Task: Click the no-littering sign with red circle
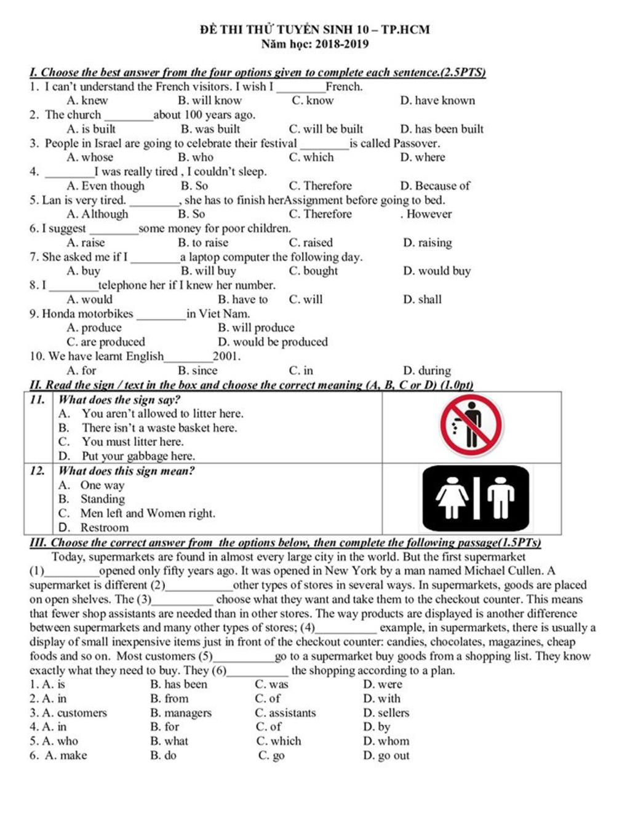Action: pyautogui.click(x=471, y=426)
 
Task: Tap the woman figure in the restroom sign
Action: pyautogui.click(x=452, y=497)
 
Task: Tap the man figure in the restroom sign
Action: pyautogui.click(x=501, y=497)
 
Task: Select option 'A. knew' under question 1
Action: pyautogui.click(x=87, y=101)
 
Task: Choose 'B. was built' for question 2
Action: pyautogui.click(x=210, y=129)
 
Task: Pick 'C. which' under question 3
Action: pyautogui.click(x=311, y=157)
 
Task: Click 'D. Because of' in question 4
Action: pyautogui.click(x=435, y=186)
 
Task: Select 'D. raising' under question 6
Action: pyautogui.click(x=428, y=243)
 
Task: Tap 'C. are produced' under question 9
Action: pyautogui.click(x=106, y=342)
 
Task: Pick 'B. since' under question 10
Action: pyautogui.click(x=197, y=371)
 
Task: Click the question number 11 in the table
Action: pyautogui.click(x=38, y=400)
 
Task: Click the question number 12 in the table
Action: pyautogui.click(x=38, y=471)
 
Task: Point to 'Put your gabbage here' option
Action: pyautogui.click(x=138, y=456)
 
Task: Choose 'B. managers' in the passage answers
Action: pyautogui.click(x=181, y=713)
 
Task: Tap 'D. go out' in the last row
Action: pyautogui.click(x=386, y=755)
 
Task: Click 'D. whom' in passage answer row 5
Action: pyautogui.click(x=386, y=741)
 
